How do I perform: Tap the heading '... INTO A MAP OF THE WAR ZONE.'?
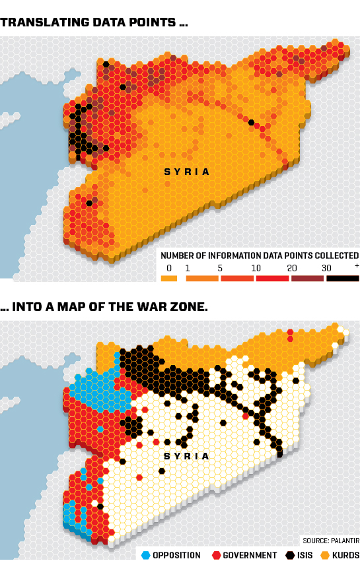104,307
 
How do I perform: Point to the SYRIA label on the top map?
187,172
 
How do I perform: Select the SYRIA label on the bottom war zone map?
187,456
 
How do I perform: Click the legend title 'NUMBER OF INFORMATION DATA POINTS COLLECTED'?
260,255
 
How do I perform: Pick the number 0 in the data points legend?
169,267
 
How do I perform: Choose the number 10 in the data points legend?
256,267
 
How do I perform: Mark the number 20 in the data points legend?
291,267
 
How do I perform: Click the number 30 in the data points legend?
326,267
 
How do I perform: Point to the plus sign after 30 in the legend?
357,265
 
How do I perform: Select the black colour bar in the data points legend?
342,279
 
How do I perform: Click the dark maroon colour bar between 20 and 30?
307,279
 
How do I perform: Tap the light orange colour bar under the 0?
169,279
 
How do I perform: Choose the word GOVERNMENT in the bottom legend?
248,555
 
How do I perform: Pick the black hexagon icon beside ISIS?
291,555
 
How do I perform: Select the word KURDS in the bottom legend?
345,555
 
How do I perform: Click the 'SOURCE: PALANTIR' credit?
330,540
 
